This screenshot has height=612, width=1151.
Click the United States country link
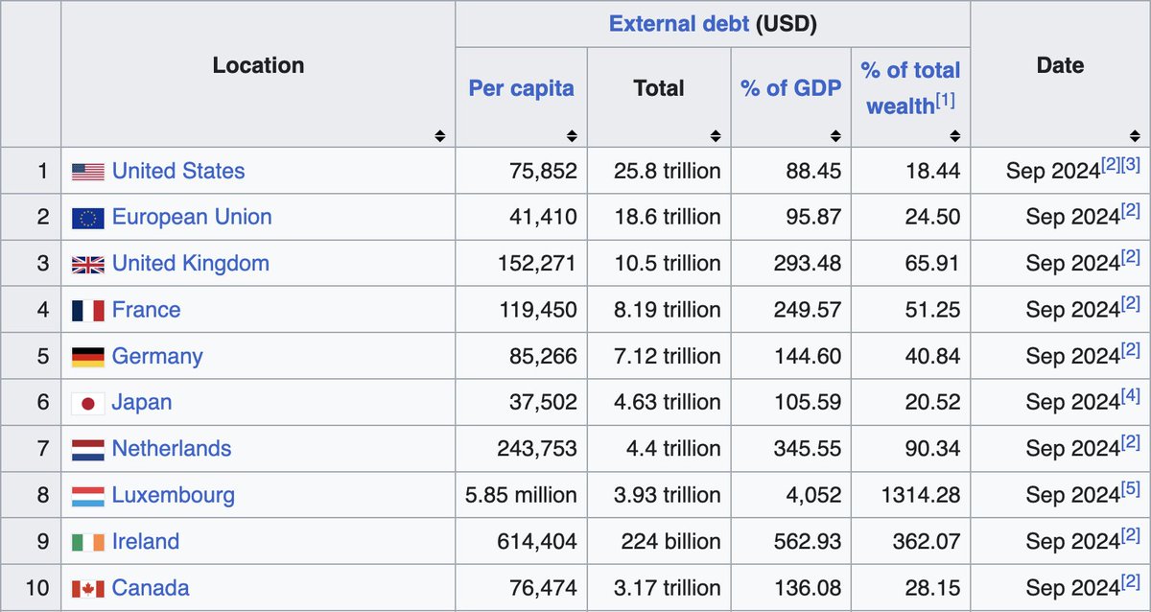177,171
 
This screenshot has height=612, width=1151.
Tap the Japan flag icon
87,403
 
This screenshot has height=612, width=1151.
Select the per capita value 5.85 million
521,495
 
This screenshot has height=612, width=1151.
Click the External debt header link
678,24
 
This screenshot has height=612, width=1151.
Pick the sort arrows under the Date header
1134,136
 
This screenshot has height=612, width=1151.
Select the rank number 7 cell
42,449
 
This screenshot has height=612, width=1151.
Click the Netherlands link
171,449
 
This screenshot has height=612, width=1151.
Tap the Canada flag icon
87,588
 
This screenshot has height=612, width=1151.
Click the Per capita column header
521,88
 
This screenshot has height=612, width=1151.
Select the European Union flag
87,218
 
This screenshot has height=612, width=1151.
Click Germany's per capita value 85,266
543,356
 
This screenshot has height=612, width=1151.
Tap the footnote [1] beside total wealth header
946,100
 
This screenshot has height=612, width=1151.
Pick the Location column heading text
258,65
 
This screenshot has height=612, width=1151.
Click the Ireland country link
145,541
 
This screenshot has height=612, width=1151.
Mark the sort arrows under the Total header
715,136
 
